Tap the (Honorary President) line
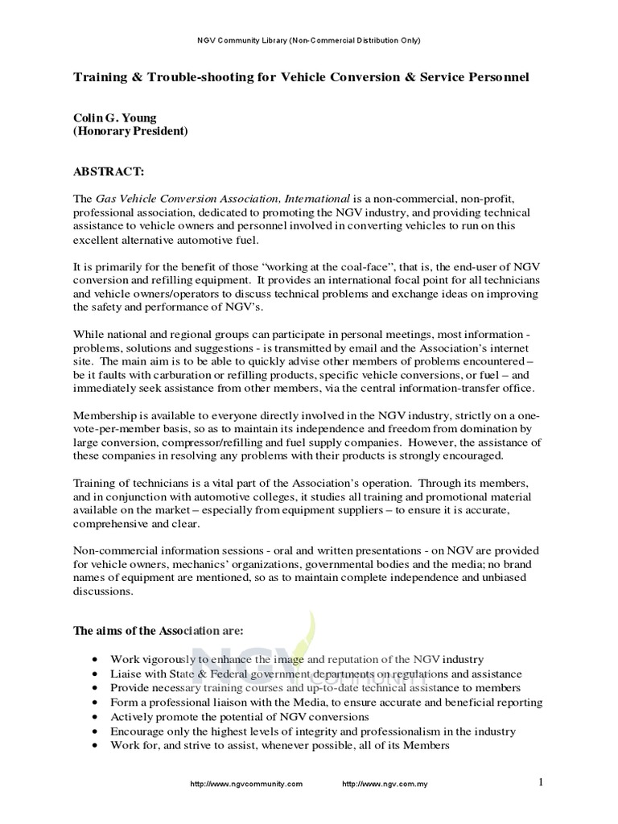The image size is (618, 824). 131,131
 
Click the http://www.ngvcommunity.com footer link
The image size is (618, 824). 245,785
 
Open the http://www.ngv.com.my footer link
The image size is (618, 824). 385,785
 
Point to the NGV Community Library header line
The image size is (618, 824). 309,39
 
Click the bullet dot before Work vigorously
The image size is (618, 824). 96,659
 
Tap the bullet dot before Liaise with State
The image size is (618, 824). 96,674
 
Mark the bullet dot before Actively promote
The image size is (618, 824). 96,717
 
